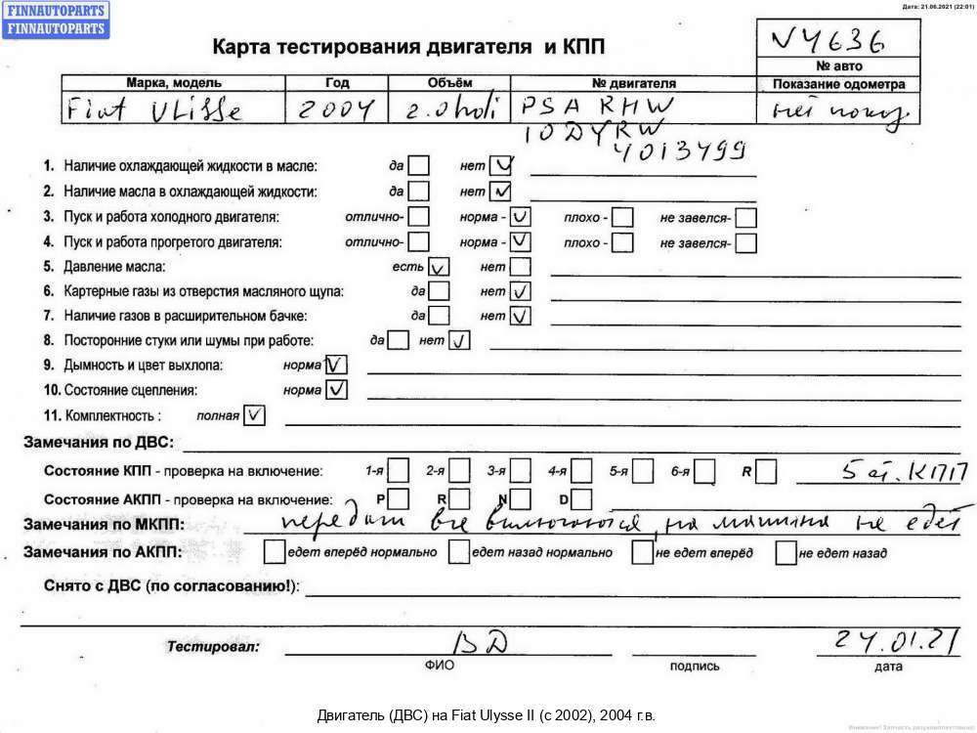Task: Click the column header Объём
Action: coord(449,83)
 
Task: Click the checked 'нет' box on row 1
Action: coord(501,165)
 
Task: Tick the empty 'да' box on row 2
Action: coord(419,191)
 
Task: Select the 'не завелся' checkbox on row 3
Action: coord(746,216)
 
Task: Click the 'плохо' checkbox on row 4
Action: coord(621,241)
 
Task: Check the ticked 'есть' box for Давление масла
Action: coord(439,266)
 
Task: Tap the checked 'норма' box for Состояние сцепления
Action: coord(336,390)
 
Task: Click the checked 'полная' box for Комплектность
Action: coord(253,415)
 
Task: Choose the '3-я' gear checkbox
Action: coord(522,472)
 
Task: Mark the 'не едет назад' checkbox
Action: coord(786,553)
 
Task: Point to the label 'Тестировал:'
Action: coord(213,647)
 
